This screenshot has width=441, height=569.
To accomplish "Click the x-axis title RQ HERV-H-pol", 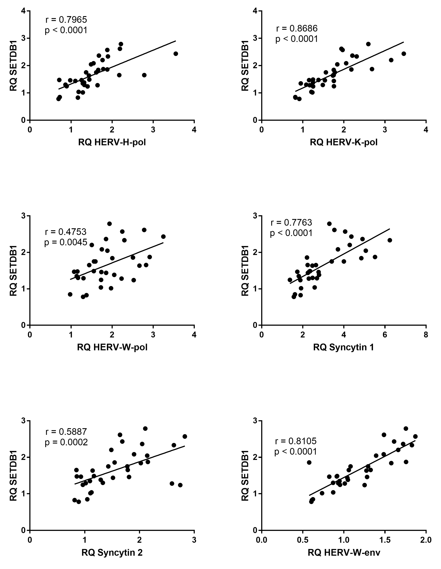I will [112, 142].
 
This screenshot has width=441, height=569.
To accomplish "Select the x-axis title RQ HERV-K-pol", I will [343, 142].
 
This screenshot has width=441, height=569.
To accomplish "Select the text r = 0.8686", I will [297, 28].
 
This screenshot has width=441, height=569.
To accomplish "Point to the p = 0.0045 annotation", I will [66, 242].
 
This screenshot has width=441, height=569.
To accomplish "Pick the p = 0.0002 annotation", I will [66, 442].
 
